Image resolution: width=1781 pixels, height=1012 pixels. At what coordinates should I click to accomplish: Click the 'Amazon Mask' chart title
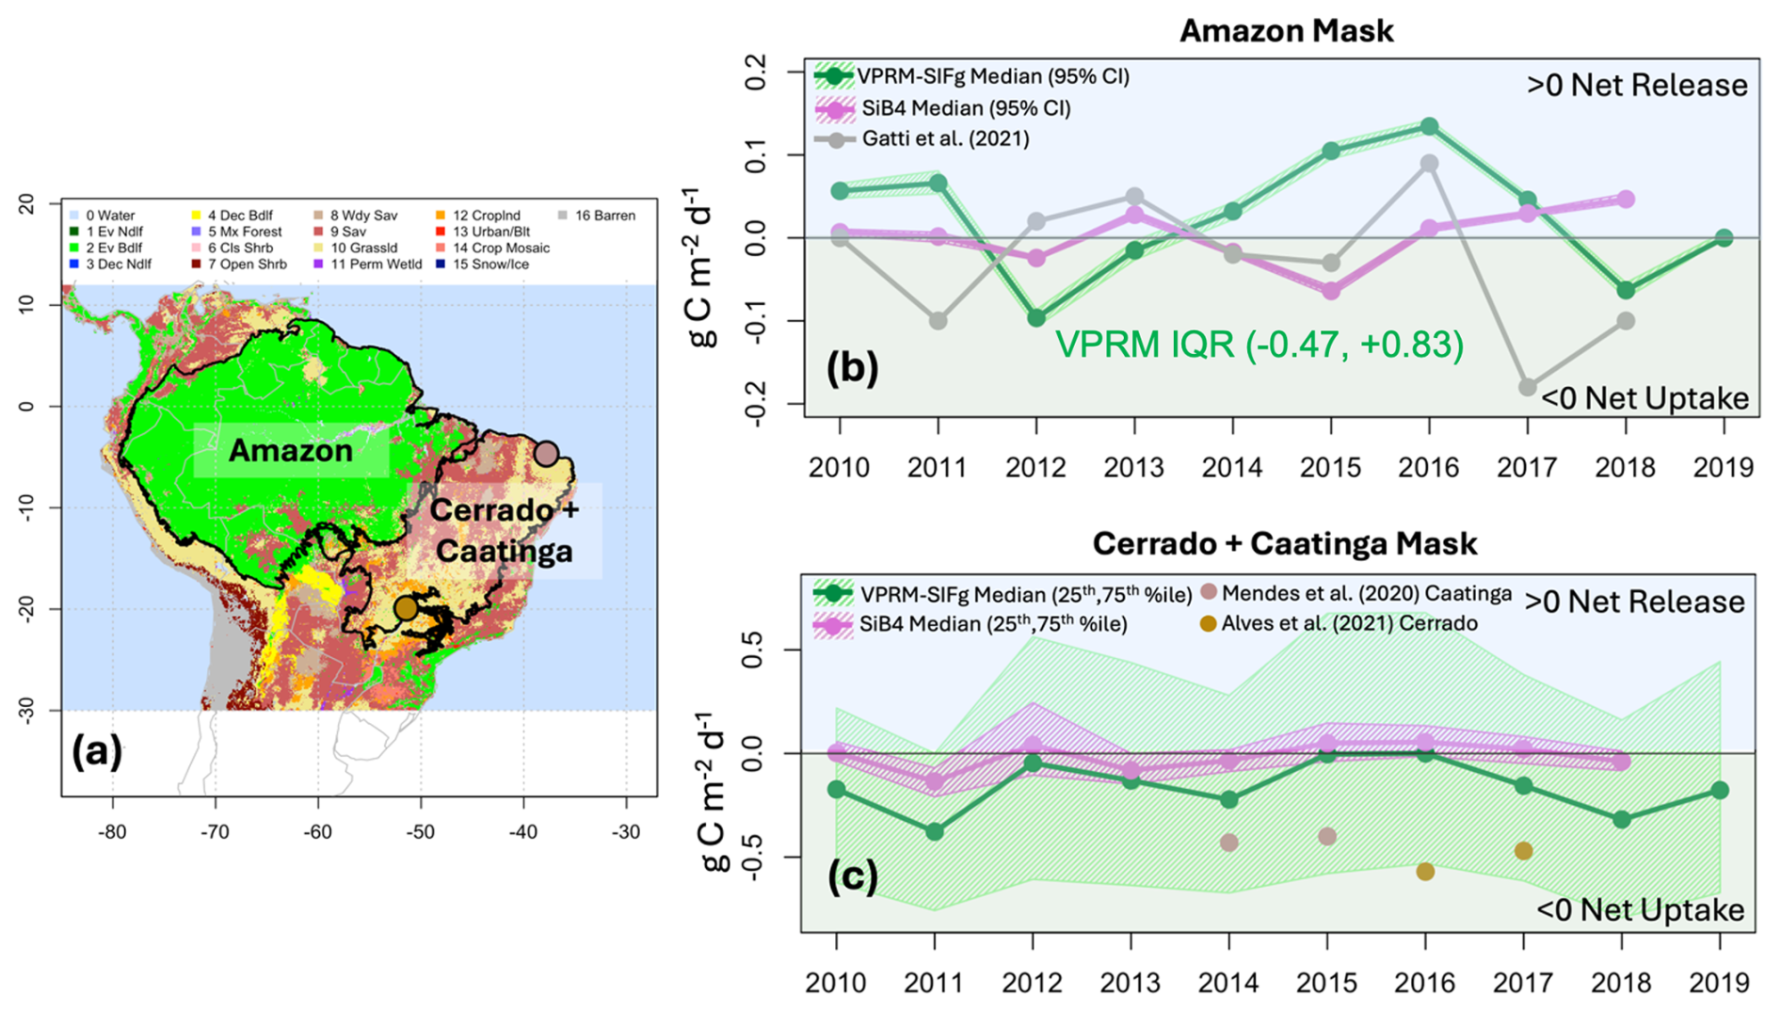(x=1286, y=31)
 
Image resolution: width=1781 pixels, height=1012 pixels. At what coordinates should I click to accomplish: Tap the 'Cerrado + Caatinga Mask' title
(x=1284, y=543)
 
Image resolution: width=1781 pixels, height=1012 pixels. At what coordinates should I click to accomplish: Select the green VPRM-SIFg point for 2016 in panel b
(x=1429, y=126)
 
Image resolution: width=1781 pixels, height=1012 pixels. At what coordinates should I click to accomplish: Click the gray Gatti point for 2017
(x=1527, y=388)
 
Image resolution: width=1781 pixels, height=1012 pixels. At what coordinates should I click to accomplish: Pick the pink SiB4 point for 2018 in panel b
(x=1626, y=200)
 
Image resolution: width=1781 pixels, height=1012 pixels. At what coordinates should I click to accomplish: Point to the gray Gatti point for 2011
(x=938, y=321)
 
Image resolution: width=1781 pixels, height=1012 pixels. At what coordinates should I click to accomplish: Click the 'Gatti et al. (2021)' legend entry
(x=944, y=139)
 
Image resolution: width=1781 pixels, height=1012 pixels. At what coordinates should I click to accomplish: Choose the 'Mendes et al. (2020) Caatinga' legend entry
(x=1366, y=593)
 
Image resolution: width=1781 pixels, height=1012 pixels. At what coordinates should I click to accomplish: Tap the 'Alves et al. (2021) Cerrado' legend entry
(x=1348, y=623)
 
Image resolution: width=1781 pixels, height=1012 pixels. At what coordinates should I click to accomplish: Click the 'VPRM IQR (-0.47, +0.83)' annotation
(x=1259, y=345)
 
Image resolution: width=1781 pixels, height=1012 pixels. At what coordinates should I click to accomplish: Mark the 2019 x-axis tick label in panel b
(x=1723, y=467)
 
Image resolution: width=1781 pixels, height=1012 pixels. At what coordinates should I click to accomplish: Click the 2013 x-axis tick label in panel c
(x=1130, y=983)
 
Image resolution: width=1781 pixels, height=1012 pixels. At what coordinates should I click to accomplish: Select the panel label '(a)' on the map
(x=97, y=751)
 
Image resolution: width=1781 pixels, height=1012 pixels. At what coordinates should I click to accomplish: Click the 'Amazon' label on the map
(x=291, y=451)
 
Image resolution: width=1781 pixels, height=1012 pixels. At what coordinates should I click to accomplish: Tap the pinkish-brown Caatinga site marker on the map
(x=546, y=453)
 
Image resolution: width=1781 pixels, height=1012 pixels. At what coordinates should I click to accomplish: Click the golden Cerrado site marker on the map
(x=406, y=608)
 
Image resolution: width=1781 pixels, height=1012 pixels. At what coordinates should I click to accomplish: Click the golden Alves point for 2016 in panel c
(x=1425, y=872)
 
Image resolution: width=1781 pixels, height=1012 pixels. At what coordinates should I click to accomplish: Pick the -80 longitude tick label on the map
(x=112, y=832)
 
